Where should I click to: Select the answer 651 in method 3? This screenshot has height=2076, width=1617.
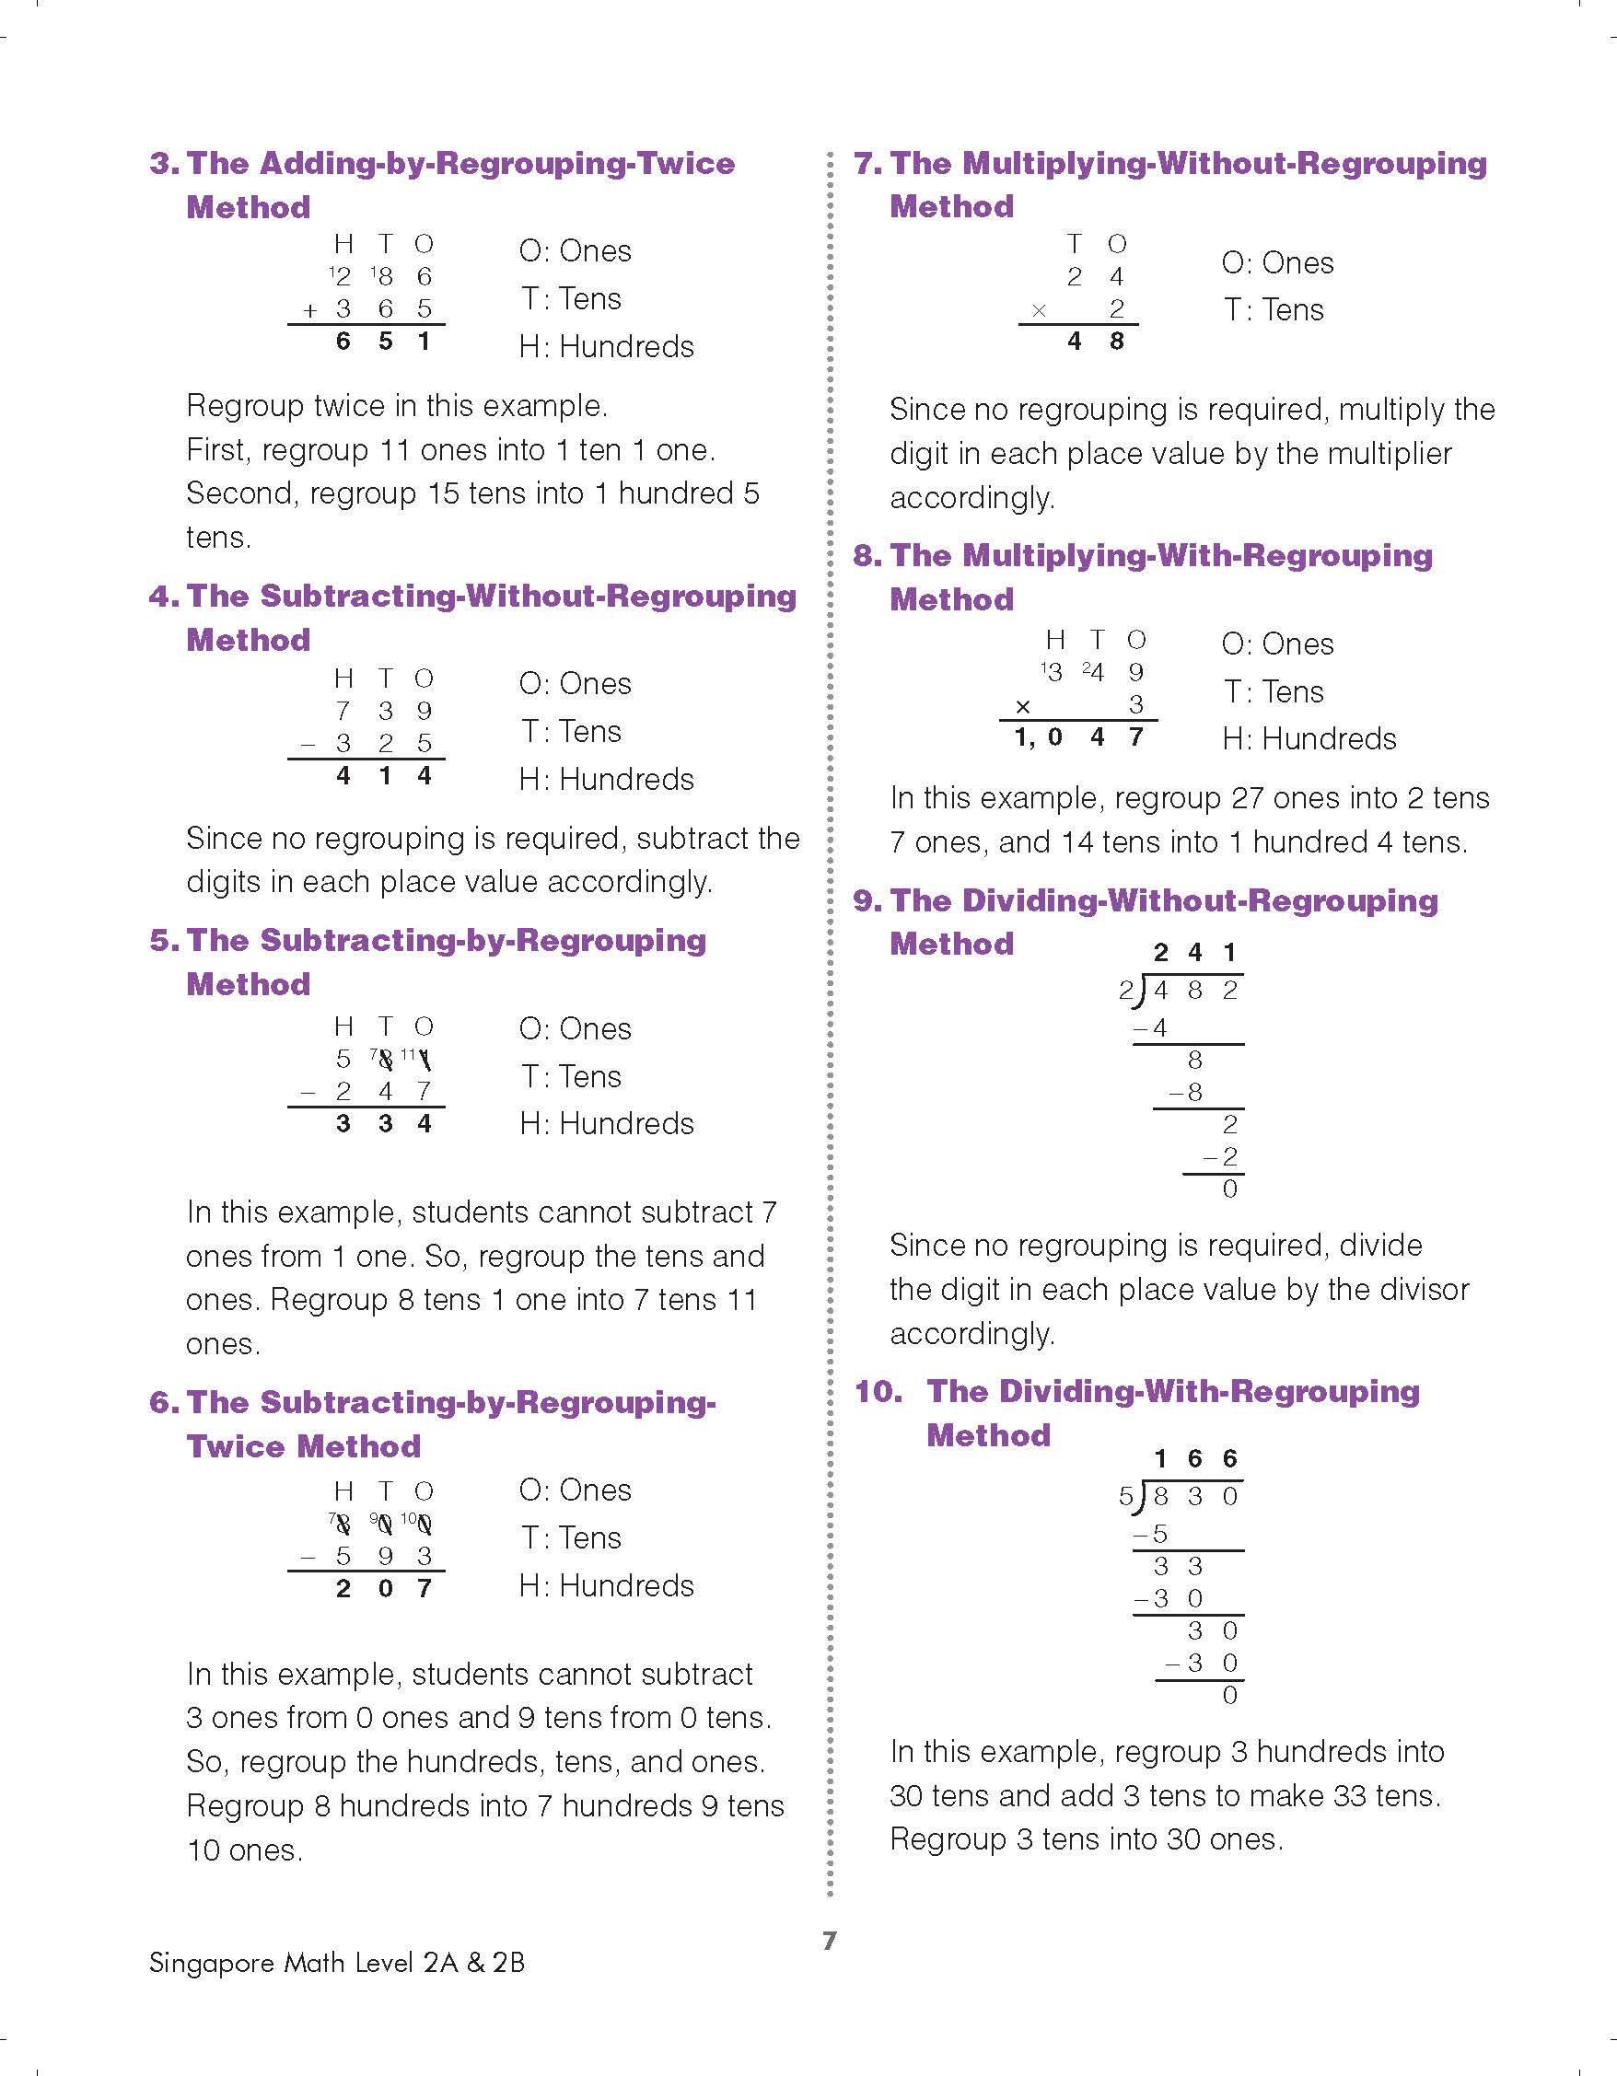click(x=384, y=342)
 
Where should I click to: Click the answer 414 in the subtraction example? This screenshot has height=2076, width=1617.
click(x=384, y=776)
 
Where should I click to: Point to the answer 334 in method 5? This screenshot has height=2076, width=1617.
click(x=384, y=1123)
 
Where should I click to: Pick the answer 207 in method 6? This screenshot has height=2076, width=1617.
click(x=384, y=1588)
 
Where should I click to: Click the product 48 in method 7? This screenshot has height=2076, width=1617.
click(x=1095, y=342)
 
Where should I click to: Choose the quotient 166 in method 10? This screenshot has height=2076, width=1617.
click(x=1195, y=1459)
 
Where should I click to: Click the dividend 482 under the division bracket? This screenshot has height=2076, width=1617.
click(x=1196, y=991)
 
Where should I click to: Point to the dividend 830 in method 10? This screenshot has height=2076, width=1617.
click(x=1196, y=1497)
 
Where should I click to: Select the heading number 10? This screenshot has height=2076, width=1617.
click(x=878, y=1392)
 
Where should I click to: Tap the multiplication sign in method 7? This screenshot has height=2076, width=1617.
click(x=1039, y=310)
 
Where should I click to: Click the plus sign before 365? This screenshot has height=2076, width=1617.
click(x=309, y=310)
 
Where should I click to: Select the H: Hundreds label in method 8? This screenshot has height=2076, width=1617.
click(x=1309, y=738)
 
